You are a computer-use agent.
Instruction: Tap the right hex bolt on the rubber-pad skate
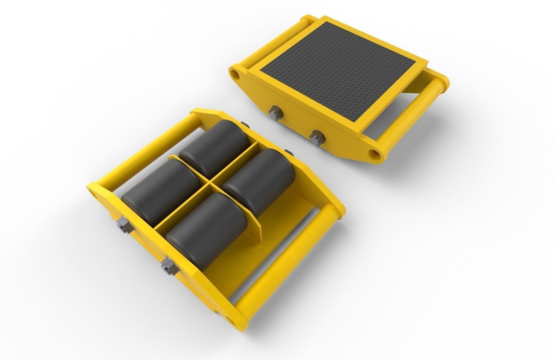[316, 135]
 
